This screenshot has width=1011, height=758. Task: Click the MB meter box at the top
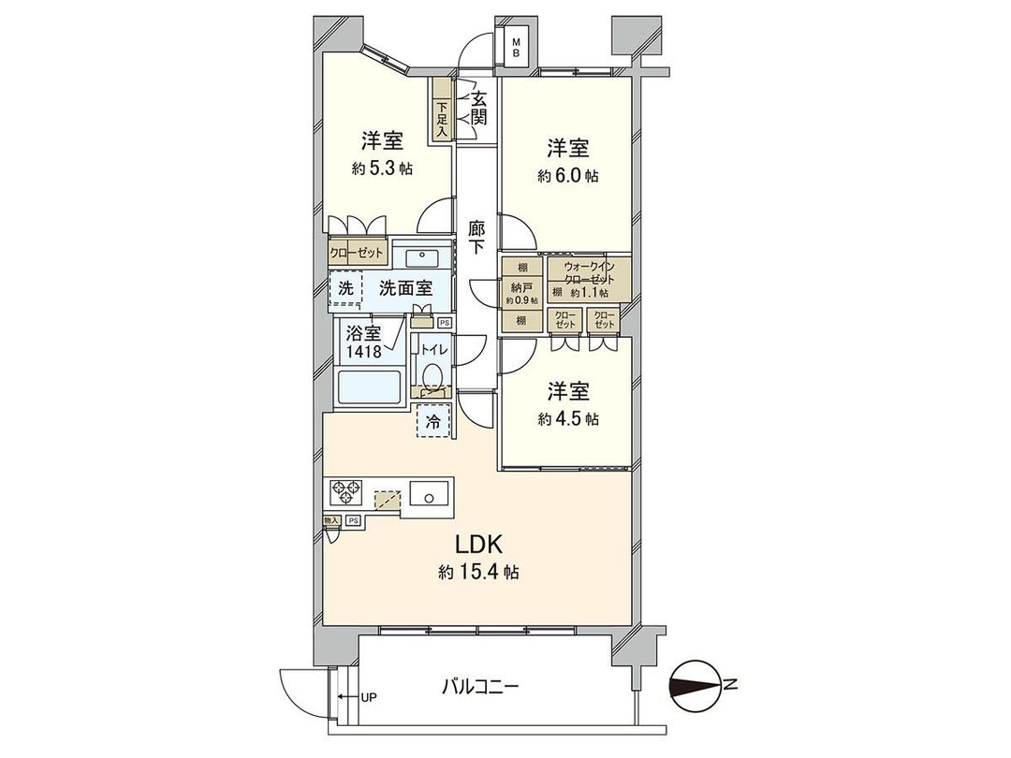point(515,46)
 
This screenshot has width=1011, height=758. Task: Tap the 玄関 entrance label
point(478,107)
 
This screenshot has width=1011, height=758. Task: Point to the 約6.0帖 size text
point(568,175)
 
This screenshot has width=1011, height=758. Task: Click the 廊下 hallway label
point(477,237)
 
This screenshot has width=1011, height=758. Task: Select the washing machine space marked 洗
point(346,289)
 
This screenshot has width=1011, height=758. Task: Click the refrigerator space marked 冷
point(432,421)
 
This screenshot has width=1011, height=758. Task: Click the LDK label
point(480,544)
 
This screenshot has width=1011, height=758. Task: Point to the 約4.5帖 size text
point(568,419)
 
